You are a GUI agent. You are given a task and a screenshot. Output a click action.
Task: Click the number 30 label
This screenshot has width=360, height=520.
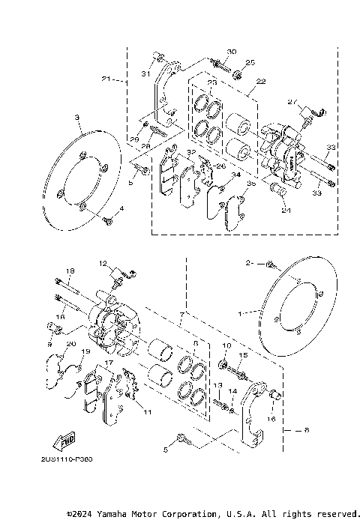(x=231, y=52)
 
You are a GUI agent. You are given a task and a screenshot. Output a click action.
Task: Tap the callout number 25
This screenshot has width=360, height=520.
(x=250, y=62)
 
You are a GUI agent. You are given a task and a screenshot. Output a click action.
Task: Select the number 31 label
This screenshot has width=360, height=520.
(x=147, y=73)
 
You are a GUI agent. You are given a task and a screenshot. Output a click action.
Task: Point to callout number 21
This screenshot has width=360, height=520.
(x=106, y=79)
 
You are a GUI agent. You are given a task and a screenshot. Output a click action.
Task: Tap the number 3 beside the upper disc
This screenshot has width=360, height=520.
(x=76, y=118)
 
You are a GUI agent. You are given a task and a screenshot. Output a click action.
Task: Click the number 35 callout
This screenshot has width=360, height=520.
(x=251, y=182)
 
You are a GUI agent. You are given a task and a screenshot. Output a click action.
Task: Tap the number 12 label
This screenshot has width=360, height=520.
(x=104, y=264)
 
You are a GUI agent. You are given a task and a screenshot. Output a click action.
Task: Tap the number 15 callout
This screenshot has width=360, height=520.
(x=242, y=355)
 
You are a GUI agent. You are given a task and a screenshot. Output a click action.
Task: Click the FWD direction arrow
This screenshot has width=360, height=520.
(x=66, y=441)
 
